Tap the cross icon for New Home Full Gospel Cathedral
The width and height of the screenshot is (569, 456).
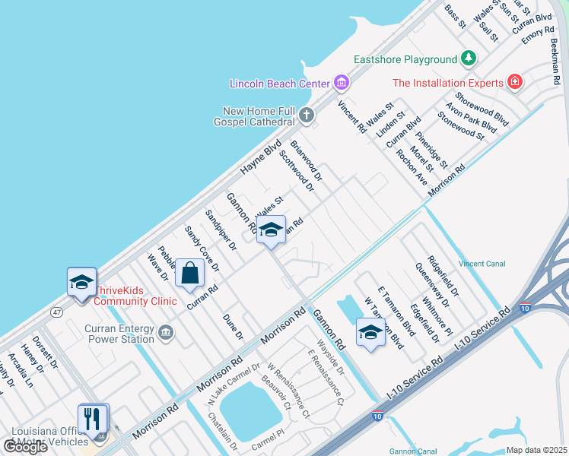pyautogui.click(x=307, y=116)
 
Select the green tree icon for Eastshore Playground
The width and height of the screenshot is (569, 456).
pyautogui.click(x=469, y=59)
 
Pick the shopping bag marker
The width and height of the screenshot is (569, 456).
pyautogui.click(x=189, y=273)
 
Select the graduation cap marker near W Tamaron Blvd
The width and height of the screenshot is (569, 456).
pyautogui.click(x=370, y=332)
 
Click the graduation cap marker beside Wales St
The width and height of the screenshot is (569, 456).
pyautogui.click(x=270, y=230)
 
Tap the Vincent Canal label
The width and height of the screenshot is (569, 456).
pyautogui.click(x=482, y=264)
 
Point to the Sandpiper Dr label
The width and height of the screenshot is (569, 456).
pyautogui.click(x=221, y=230)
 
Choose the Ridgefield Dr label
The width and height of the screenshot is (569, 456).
pyautogui.click(x=443, y=276)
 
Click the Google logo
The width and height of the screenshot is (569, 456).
pyautogui.click(x=25, y=447)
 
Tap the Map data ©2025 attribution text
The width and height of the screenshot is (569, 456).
pyautogui.click(x=536, y=450)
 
